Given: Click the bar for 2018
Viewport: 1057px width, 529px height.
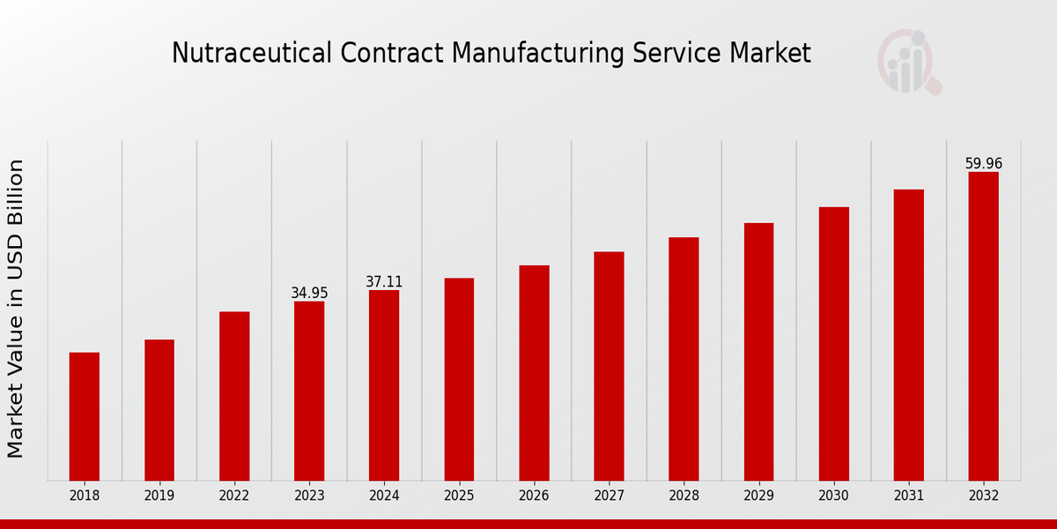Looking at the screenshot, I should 85,416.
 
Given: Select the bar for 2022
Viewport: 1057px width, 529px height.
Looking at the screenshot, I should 234,396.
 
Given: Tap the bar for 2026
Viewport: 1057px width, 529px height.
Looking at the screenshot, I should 534,373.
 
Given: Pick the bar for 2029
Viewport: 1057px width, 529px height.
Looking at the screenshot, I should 758,352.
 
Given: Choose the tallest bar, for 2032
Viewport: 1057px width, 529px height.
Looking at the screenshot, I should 983,326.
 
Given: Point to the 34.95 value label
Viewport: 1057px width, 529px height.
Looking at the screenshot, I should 309,293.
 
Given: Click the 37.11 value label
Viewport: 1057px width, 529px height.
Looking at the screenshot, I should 384,282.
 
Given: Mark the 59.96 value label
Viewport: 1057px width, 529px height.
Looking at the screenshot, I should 983,164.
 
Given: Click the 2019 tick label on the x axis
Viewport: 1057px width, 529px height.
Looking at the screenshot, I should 159,495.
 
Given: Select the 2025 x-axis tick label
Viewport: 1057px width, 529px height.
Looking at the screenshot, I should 459,495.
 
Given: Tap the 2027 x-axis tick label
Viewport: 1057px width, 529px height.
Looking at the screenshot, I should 609,495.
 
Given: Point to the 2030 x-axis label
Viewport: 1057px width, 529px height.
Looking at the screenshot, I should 833,495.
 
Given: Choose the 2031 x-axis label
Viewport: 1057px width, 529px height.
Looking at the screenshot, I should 908,495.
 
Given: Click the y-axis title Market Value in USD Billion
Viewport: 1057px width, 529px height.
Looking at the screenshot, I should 16,309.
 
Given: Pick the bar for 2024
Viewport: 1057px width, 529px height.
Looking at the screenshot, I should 384,385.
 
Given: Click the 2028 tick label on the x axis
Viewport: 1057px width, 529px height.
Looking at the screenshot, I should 684,495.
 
